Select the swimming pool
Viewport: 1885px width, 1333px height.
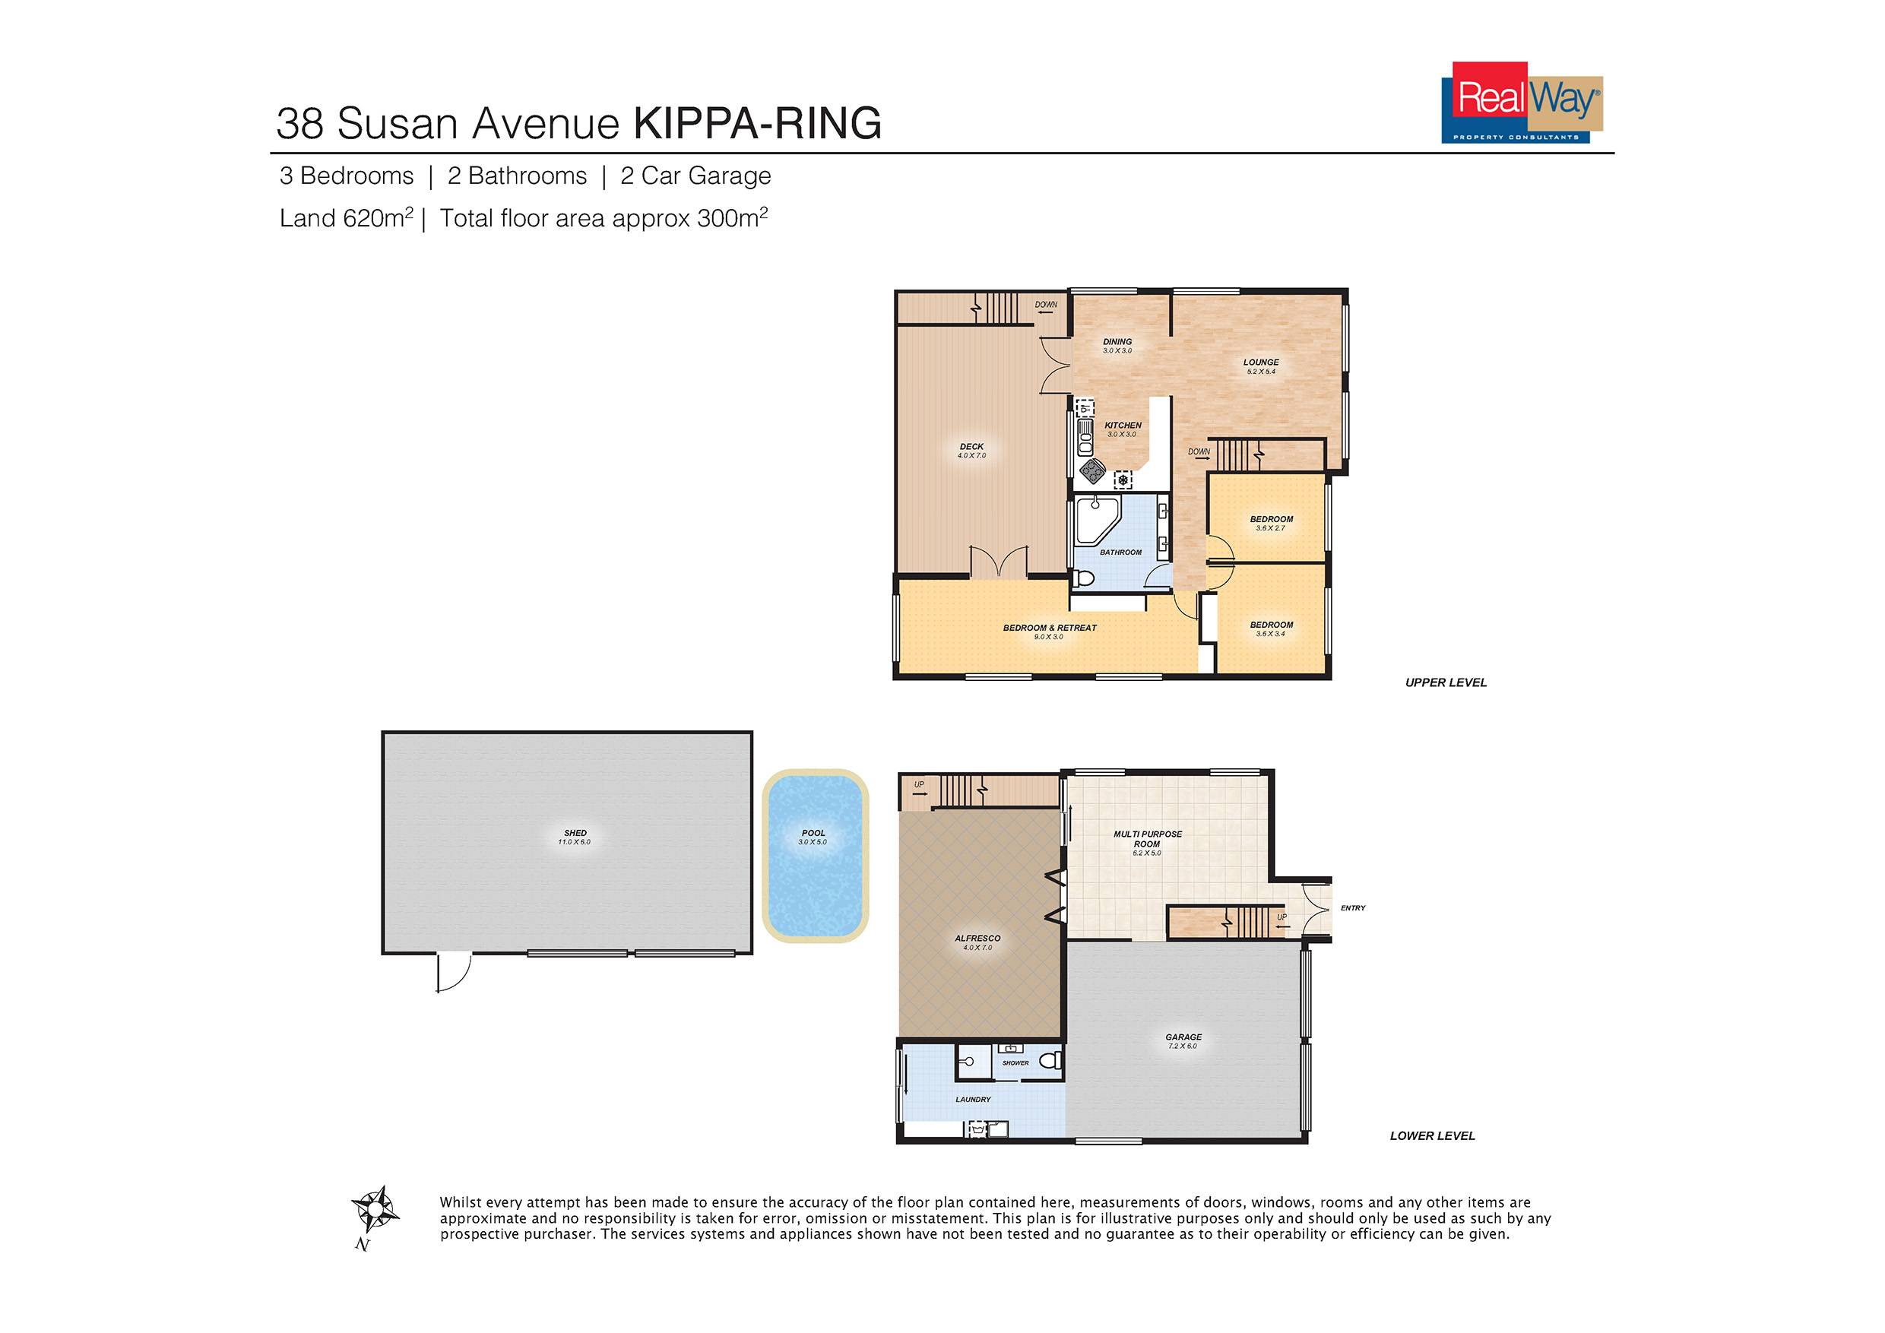point(814,855)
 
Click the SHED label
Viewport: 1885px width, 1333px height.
point(575,832)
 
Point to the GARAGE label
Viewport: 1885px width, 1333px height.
point(1183,1037)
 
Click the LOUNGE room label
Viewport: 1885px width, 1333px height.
point(1261,362)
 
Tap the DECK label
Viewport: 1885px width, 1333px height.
point(971,447)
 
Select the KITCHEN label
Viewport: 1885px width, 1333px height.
point(1123,425)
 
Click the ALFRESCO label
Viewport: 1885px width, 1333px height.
point(977,938)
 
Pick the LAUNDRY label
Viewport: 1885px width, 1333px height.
point(973,1099)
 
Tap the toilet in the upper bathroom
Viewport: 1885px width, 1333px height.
point(1084,578)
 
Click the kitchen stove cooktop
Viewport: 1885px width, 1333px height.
point(1093,471)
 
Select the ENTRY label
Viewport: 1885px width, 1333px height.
point(1353,908)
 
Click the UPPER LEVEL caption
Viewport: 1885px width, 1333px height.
point(1446,682)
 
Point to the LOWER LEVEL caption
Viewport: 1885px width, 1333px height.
point(1433,1136)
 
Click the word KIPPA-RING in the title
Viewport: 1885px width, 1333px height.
point(758,123)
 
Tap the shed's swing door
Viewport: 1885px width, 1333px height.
point(454,972)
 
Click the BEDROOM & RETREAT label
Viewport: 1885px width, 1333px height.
point(1049,628)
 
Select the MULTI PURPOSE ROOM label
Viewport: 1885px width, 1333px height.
point(1148,839)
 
